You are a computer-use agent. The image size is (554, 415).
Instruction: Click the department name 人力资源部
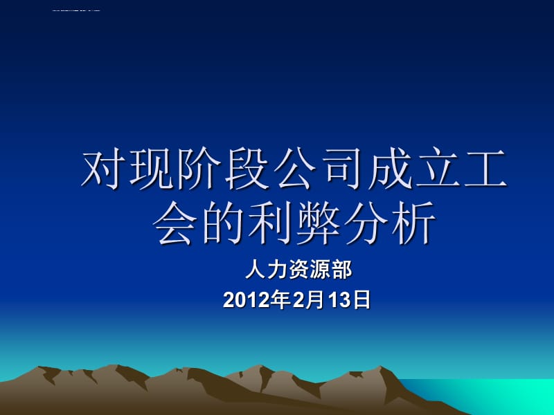pyautogui.click(x=298, y=268)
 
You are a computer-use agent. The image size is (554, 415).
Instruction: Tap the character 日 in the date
pyautogui.click(x=362, y=299)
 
